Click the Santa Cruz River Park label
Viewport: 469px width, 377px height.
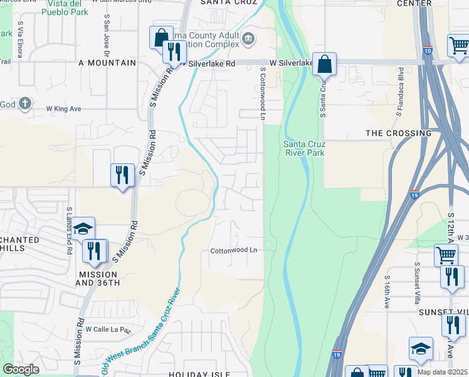click(x=304, y=148)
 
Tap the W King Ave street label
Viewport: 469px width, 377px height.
click(x=64, y=109)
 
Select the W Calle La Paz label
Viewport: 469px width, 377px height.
click(x=110, y=329)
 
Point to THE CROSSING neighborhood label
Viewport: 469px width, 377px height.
click(x=398, y=133)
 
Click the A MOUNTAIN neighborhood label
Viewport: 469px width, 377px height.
click(x=107, y=63)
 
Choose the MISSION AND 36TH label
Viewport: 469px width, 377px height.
click(x=98, y=279)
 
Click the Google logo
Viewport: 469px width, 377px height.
click(x=21, y=369)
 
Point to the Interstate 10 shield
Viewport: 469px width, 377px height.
click(x=428, y=50)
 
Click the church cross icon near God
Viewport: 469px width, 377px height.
click(x=24, y=104)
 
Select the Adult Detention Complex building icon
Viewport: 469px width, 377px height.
click(x=248, y=40)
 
